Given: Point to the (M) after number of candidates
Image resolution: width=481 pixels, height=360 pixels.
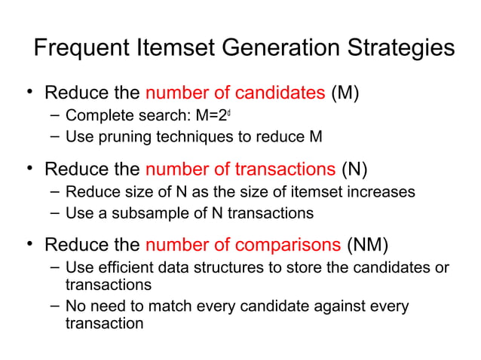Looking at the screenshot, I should click(345, 94).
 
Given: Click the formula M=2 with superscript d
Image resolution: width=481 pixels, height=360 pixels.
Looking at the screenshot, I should click(224, 117).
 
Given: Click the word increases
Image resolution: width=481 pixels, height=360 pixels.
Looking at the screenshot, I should click(384, 191).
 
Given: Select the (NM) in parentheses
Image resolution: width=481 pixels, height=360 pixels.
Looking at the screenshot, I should click(368, 245).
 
